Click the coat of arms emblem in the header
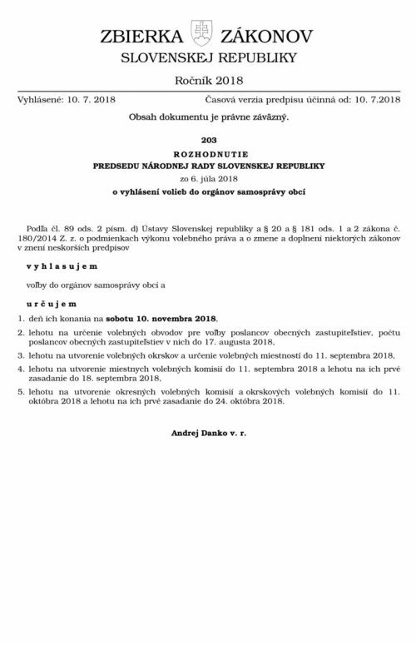coord(202,34)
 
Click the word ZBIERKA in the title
coord(141,37)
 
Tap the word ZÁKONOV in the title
coord(266,37)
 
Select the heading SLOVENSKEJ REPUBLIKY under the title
coord(208,57)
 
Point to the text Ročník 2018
coord(208,81)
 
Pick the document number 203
coord(208,140)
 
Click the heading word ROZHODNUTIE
coord(208,154)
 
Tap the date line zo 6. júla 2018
coord(208,179)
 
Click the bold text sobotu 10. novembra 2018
coord(171,319)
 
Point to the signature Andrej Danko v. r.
coord(208,410)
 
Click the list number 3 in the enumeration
coord(22,355)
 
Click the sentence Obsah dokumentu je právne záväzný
coord(208,117)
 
